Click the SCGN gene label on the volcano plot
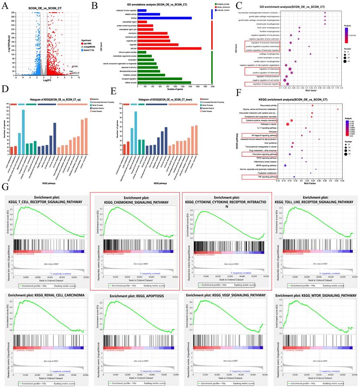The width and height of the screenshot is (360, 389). [75, 66]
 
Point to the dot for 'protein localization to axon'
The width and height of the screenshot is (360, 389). [337, 57]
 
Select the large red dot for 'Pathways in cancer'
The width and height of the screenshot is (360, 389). [288, 124]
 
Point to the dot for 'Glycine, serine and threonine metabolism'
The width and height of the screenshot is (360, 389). [338, 109]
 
